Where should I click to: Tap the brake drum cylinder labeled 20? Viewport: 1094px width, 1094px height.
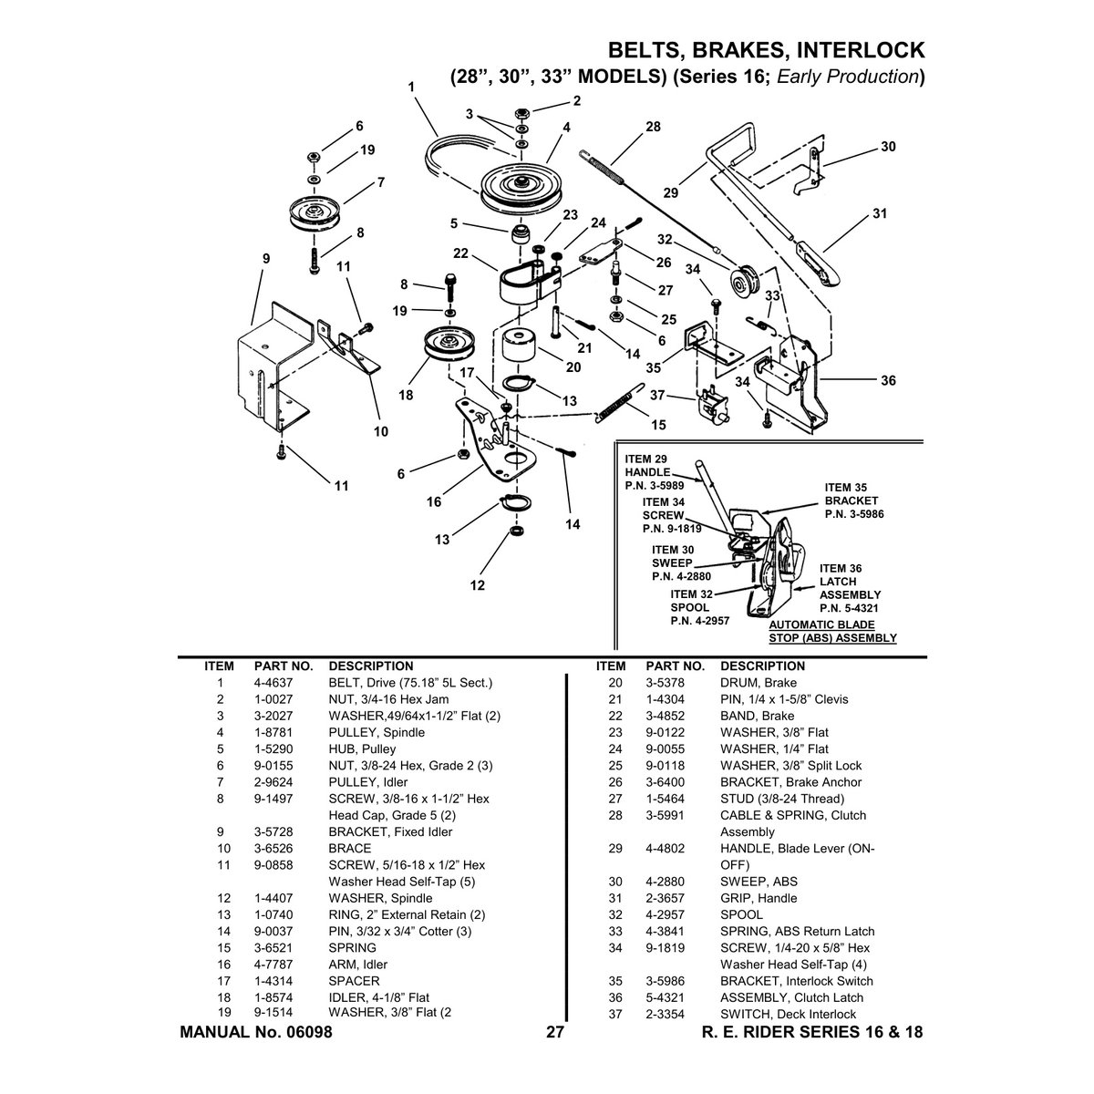(520, 346)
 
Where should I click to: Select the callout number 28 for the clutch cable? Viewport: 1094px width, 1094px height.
(653, 127)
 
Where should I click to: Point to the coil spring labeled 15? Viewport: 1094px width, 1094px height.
(619, 403)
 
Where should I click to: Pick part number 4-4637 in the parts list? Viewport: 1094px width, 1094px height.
(273, 683)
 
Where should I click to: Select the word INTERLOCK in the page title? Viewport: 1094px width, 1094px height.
(861, 50)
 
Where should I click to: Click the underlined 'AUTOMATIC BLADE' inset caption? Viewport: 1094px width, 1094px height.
(821, 624)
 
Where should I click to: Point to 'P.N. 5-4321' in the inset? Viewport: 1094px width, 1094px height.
(849, 608)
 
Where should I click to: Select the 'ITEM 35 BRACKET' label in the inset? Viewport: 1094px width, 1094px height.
(851, 494)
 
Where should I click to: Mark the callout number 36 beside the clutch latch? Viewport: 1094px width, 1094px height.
(888, 380)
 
